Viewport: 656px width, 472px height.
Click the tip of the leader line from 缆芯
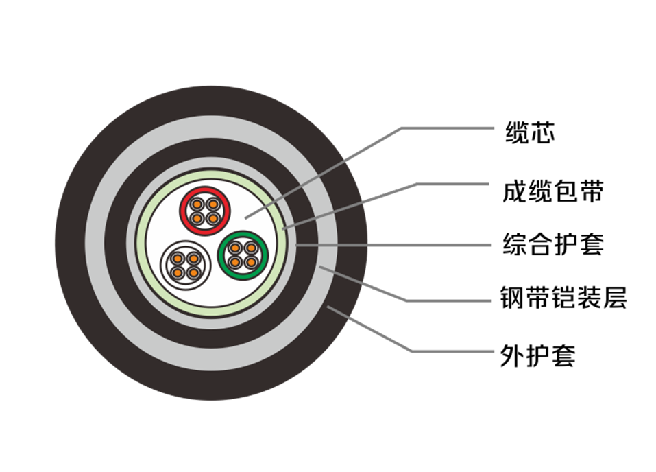click(x=245, y=217)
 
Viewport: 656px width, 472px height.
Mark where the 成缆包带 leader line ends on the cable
click(x=283, y=228)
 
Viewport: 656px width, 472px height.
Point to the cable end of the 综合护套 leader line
click(x=297, y=245)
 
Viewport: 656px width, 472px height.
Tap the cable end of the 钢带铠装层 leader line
click(x=319, y=266)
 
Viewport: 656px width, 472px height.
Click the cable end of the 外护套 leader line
click(x=328, y=307)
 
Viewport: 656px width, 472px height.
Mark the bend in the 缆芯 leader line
click(x=402, y=128)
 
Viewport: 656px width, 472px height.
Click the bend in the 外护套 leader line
click(x=412, y=351)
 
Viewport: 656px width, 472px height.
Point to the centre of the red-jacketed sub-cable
click(x=205, y=211)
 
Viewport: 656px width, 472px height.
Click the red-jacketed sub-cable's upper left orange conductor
click(x=197, y=204)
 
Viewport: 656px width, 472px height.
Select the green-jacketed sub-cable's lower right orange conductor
click(x=251, y=263)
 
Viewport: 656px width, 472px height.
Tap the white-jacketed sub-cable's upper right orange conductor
click(x=193, y=258)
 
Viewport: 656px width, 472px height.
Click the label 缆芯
click(x=530, y=133)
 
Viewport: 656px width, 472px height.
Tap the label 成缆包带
click(x=553, y=191)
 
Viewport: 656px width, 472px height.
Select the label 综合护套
click(x=553, y=244)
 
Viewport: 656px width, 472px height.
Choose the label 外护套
click(x=537, y=355)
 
